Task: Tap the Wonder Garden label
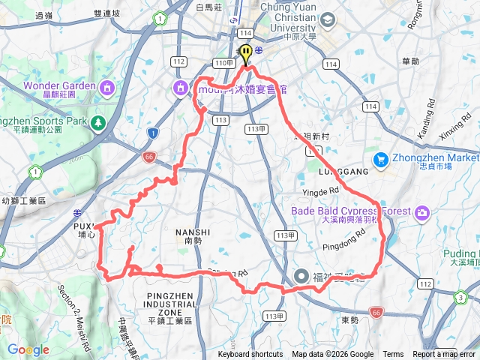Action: (x=59, y=85)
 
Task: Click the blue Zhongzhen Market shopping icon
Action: (x=381, y=159)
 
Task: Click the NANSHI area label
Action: (x=186, y=233)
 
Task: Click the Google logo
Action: (x=28, y=349)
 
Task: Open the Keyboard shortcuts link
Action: (x=250, y=355)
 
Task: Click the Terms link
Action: (x=393, y=355)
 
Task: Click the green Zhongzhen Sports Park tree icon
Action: (x=97, y=122)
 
